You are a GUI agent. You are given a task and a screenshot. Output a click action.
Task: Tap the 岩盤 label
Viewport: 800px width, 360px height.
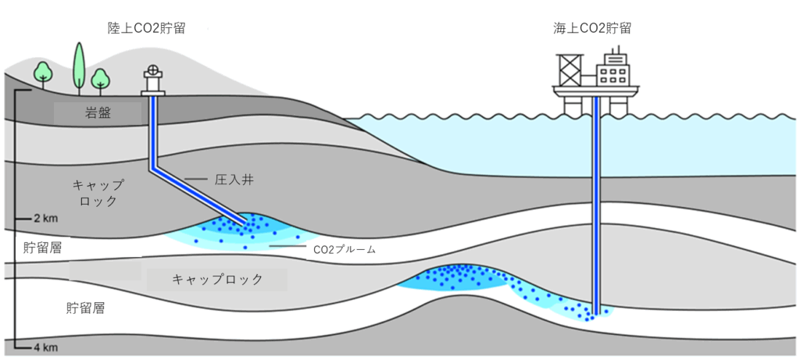(98, 113)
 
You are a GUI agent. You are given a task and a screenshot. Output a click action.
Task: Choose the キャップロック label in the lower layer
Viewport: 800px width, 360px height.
(217, 279)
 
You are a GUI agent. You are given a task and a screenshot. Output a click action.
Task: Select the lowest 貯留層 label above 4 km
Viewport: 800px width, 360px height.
(84, 308)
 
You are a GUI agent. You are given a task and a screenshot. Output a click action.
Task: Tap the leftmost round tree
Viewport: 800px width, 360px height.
(44, 73)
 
